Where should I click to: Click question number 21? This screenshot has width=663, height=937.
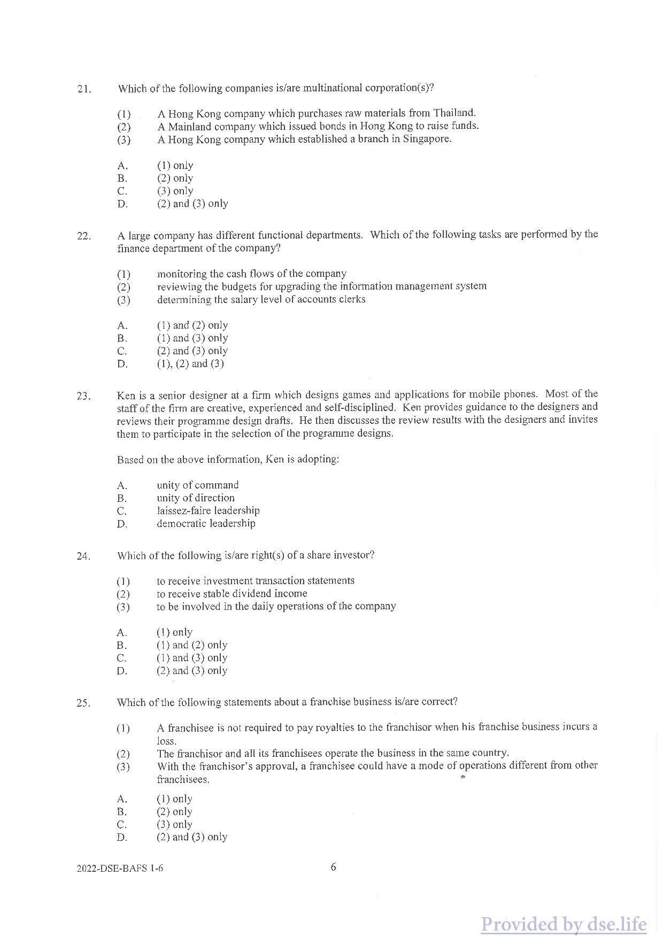point(84,89)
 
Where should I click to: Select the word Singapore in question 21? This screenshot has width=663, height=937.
point(427,139)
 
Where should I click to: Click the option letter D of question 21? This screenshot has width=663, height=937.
point(122,204)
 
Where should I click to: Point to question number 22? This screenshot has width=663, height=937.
point(84,236)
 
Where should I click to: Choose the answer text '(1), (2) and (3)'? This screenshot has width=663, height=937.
point(190,364)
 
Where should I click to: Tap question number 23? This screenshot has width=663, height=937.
point(83,396)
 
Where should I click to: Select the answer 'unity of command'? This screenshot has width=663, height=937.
point(198,485)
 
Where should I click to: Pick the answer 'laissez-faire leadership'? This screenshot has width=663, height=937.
point(208,511)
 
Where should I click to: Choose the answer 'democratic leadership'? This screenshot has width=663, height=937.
point(206,524)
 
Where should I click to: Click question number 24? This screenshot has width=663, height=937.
point(83,556)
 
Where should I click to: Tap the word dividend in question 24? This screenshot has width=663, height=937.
point(253,594)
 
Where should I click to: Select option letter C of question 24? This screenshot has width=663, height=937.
point(122,658)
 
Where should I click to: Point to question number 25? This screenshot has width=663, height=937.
point(83,703)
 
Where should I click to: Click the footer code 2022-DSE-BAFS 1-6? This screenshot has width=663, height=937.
point(120,868)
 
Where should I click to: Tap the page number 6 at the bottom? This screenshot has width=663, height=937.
point(334,867)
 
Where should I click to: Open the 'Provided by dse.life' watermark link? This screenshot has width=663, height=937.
point(564,924)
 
